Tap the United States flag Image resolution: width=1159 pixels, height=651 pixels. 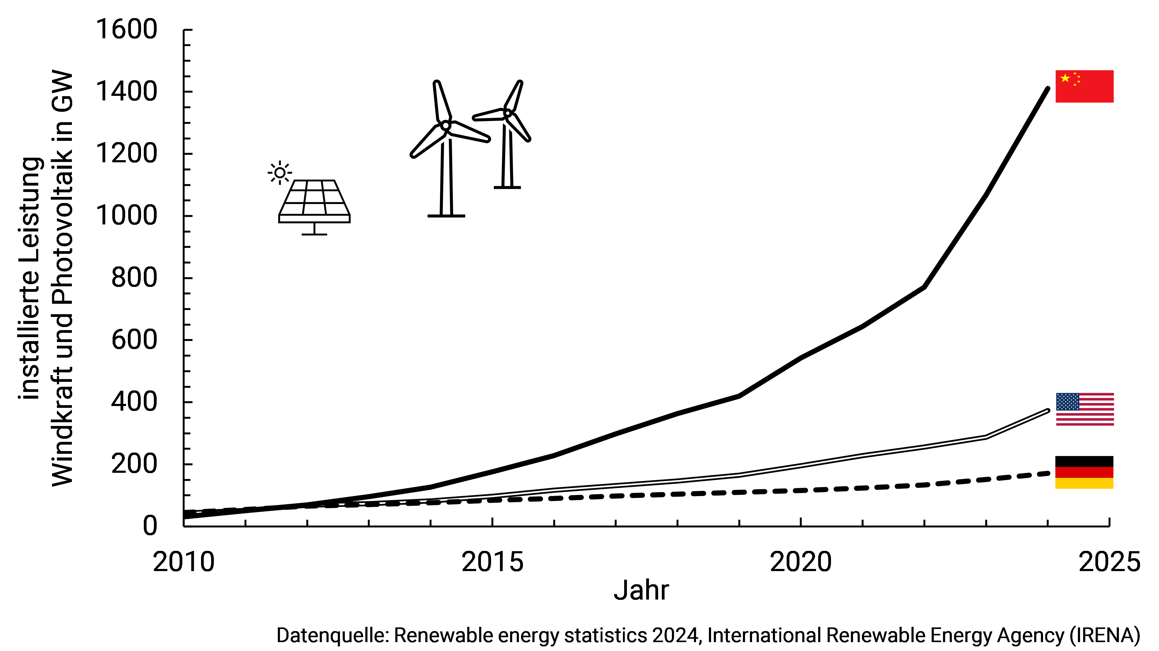(1084, 409)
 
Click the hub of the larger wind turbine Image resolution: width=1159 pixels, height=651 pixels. (445, 125)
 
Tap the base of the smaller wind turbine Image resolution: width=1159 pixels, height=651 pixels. (507, 187)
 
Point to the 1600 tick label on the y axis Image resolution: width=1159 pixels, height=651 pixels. (126, 30)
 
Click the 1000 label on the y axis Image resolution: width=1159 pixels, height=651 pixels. (126, 216)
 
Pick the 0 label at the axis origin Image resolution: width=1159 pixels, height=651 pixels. (150, 525)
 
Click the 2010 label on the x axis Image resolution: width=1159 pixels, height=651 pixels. (184, 562)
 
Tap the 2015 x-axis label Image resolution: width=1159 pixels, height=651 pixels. (492, 562)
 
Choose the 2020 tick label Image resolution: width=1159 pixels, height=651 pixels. (801, 562)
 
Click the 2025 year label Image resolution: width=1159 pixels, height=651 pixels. (1109, 562)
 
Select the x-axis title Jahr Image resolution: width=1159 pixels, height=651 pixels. (641, 590)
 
